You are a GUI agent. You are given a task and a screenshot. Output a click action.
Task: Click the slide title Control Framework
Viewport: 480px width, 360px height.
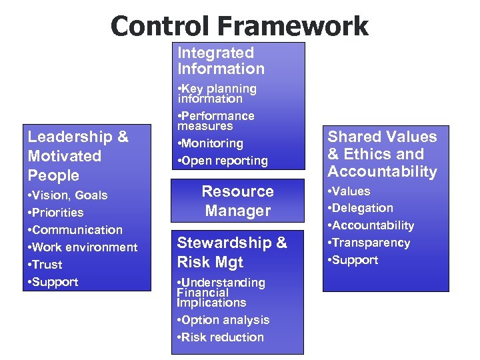(x=239, y=25)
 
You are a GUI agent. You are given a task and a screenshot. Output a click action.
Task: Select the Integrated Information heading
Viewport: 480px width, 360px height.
(x=221, y=61)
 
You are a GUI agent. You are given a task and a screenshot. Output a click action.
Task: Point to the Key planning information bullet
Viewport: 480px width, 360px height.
(x=217, y=93)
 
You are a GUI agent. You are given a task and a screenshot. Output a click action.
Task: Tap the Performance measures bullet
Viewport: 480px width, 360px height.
(x=215, y=121)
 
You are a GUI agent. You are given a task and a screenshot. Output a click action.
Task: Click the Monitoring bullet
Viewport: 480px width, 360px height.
(x=211, y=143)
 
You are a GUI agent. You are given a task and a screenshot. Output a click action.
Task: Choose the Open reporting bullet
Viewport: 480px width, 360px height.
(x=222, y=161)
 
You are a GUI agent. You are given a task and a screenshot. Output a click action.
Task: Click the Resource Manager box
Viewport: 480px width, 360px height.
(x=237, y=201)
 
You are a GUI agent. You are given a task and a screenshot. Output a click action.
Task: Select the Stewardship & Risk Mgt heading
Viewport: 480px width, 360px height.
(x=231, y=253)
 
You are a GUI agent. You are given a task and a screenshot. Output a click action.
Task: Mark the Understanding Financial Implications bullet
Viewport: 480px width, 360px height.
(x=221, y=293)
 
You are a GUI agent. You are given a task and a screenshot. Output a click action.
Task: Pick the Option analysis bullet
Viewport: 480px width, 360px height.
(x=223, y=320)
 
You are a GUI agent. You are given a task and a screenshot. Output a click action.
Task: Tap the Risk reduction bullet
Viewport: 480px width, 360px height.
(x=220, y=337)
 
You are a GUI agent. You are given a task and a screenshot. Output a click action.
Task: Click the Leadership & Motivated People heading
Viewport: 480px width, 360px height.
(x=78, y=156)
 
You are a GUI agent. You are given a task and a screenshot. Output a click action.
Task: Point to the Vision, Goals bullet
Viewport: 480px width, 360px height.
(x=67, y=195)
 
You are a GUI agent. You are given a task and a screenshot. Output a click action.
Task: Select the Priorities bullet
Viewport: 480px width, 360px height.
(x=56, y=213)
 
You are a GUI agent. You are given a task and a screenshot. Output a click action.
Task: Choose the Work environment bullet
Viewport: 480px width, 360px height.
(x=83, y=247)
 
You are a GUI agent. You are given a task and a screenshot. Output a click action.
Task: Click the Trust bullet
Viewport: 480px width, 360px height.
(x=47, y=265)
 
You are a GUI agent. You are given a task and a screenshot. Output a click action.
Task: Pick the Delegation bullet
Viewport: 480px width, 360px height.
(x=362, y=208)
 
